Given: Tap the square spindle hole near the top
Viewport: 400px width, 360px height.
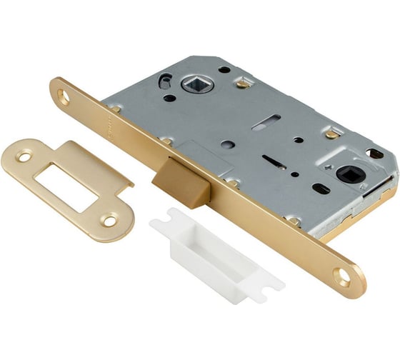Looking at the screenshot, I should [x=196, y=85].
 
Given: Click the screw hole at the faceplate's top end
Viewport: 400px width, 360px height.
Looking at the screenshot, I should [x=64, y=98].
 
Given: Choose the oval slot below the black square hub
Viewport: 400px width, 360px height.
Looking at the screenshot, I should [x=321, y=189].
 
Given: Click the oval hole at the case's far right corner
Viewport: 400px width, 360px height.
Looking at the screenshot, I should [x=375, y=154].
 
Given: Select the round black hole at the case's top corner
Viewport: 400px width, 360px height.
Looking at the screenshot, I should [x=225, y=69].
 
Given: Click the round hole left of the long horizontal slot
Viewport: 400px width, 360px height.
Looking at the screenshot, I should [x=226, y=144].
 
